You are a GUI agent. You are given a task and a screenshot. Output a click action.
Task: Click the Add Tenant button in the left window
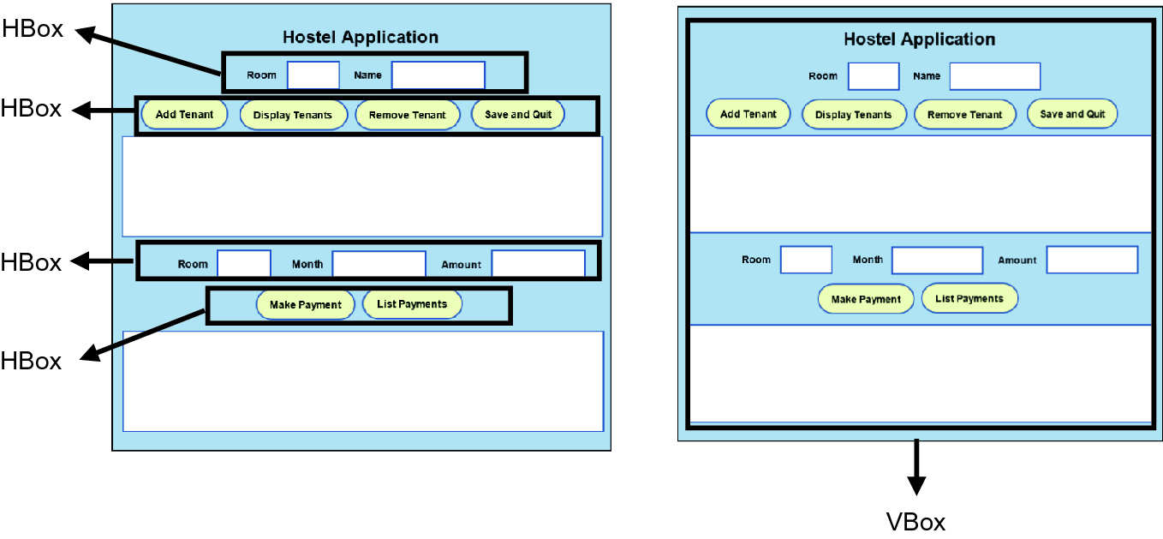(184, 115)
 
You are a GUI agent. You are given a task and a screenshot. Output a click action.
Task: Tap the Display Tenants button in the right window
(853, 115)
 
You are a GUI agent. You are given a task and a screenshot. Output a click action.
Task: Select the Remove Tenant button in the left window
(407, 115)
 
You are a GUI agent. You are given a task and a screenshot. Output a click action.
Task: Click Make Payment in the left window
(305, 305)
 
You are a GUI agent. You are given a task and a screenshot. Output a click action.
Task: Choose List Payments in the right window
(969, 299)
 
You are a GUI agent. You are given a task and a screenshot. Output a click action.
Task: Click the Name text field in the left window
(438, 75)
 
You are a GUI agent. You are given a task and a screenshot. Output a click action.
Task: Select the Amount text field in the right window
(1092, 260)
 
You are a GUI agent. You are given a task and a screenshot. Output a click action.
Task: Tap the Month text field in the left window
(379, 264)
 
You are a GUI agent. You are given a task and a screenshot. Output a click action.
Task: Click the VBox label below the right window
(915, 521)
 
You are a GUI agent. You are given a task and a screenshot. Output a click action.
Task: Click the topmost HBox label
(32, 28)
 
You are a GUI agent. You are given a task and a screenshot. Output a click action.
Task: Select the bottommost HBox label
(32, 361)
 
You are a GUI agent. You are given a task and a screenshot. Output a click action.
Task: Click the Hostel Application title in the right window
(919, 39)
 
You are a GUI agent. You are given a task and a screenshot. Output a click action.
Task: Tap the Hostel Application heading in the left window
(360, 37)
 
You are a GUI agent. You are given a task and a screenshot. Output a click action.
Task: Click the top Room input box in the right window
(873, 76)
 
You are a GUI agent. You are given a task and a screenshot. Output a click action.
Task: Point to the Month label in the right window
(867, 260)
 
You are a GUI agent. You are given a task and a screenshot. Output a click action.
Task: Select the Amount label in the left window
(461, 265)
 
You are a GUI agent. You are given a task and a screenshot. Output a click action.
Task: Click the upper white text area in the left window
(362, 186)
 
